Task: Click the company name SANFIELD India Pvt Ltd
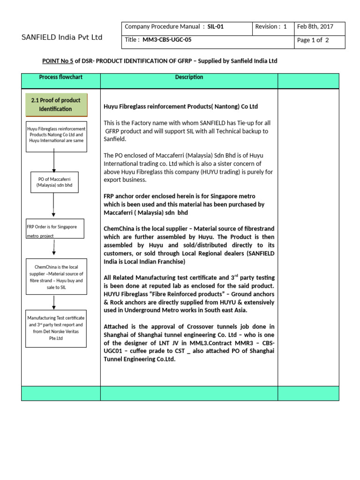pyautogui.click(x=62, y=37)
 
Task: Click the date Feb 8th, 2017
pyautogui.click(x=319, y=27)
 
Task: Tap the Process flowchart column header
pyautogui.click(x=60, y=77)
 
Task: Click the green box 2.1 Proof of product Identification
pyautogui.click(x=56, y=105)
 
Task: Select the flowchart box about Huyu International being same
pyautogui.click(x=56, y=135)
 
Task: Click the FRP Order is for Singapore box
pyautogui.click(x=54, y=229)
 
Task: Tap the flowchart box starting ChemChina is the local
pyautogui.click(x=56, y=277)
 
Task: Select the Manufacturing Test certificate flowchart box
pyautogui.click(x=56, y=328)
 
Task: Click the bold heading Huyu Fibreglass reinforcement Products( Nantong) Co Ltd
pyautogui.click(x=180, y=106)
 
